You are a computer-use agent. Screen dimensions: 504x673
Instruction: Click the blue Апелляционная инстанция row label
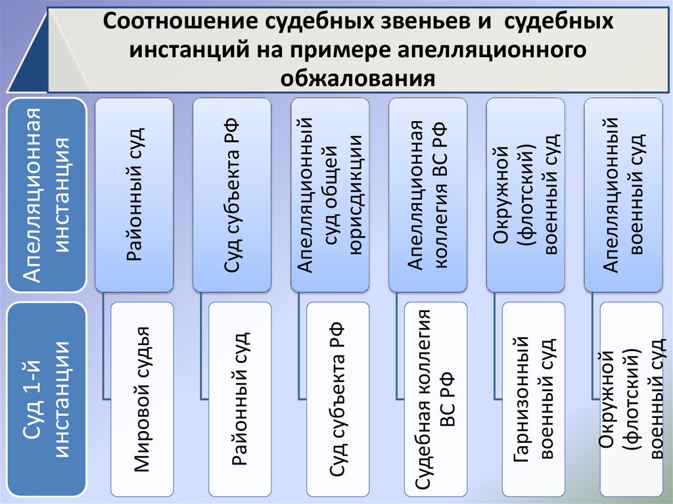pyautogui.click(x=46, y=195)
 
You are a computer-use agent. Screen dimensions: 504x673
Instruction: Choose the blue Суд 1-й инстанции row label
pyautogui.click(x=46, y=399)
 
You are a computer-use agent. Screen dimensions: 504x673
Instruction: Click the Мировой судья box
pyautogui.click(x=143, y=399)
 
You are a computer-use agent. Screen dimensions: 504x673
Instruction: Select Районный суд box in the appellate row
pyautogui.click(x=134, y=195)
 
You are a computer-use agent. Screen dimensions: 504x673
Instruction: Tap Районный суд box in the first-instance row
pyautogui.click(x=240, y=399)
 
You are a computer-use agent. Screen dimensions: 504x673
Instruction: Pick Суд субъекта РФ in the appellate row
pyautogui.click(x=231, y=195)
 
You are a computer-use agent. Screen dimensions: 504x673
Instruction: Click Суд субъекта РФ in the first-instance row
pyautogui.click(x=337, y=399)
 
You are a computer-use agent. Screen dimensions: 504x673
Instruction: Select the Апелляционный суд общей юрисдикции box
pyautogui.click(x=329, y=195)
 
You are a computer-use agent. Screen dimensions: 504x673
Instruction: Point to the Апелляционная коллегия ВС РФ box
pyautogui.click(x=427, y=195)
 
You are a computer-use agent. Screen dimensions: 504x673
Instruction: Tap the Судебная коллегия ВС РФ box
pyautogui.click(x=435, y=399)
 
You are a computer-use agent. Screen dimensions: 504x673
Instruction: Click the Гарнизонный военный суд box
pyautogui.click(x=533, y=399)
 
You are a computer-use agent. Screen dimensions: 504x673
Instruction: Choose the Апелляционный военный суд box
pyautogui.click(x=623, y=195)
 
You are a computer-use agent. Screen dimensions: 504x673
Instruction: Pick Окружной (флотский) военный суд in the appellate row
pyautogui.click(x=525, y=195)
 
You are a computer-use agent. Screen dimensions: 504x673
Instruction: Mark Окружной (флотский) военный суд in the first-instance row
pyautogui.click(x=631, y=399)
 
